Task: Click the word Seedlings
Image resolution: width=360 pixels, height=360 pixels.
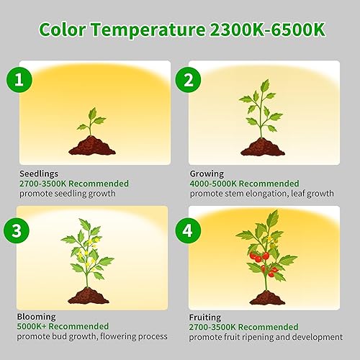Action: (40, 174)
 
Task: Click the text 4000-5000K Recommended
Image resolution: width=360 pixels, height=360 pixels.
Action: (244, 184)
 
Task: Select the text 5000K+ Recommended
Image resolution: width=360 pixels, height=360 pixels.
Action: (64, 326)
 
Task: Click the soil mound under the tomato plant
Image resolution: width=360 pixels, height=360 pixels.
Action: (266, 297)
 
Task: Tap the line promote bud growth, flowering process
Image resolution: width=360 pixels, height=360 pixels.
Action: (93, 336)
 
